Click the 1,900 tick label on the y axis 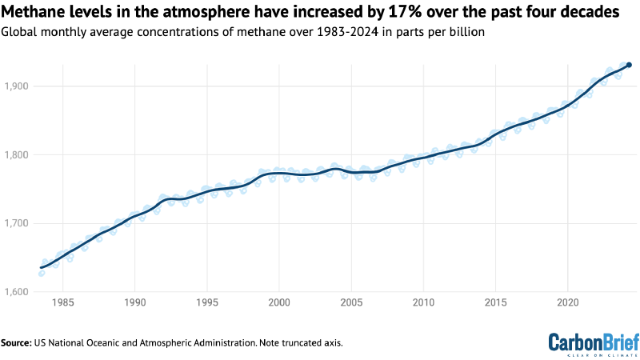click(16, 86)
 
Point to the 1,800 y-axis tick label click(16, 155)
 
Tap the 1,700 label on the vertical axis click(16, 224)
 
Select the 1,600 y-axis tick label click(16, 293)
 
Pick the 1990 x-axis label click(134, 304)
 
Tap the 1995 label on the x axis click(206, 304)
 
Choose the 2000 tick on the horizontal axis click(279, 304)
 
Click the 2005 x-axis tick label click(351, 304)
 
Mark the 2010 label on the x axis click(423, 304)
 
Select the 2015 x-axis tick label click(495, 304)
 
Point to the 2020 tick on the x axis click(567, 304)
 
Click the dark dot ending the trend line click(629, 65)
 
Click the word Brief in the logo click(617, 340)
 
